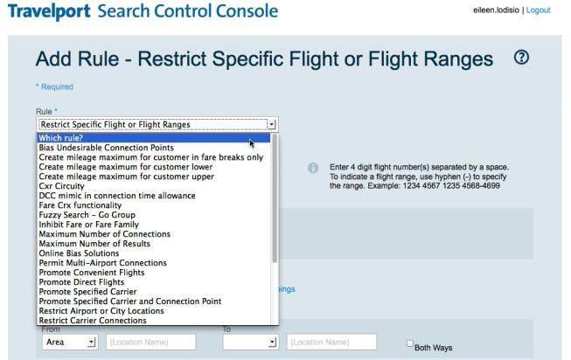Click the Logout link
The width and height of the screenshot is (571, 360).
tap(538, 10)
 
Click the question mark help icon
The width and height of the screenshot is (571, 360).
tap(521, 58)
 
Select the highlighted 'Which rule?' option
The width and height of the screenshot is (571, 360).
tap(61, 138)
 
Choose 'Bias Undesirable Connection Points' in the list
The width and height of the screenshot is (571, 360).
tap(107, 148)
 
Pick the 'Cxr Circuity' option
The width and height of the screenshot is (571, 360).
tap(61, 186)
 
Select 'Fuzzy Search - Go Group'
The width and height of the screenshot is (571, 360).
tap(87, 215)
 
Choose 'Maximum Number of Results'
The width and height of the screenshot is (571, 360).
tap(94, 244)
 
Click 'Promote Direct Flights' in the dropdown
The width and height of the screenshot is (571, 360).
tap(81, 282)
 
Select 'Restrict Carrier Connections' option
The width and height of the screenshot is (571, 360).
tap(93, 321)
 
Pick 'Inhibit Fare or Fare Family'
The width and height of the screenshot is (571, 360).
tap(89, 225)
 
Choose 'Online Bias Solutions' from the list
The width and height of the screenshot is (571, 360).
tap(79, 253)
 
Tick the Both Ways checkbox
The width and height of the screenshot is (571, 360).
tap(410, 343)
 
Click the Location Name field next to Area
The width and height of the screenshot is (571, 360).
tap(150, 343)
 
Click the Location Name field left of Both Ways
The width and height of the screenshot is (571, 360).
tap(331, 343)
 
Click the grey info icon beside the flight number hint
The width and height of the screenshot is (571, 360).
tap(313, 168)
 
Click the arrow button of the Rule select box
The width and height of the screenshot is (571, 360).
tap(272, 124)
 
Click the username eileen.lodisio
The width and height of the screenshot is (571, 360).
tap(496, 10)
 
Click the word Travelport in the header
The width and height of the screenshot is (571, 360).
tap(49, 10)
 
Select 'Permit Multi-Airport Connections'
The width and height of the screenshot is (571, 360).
tap(102, 263)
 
